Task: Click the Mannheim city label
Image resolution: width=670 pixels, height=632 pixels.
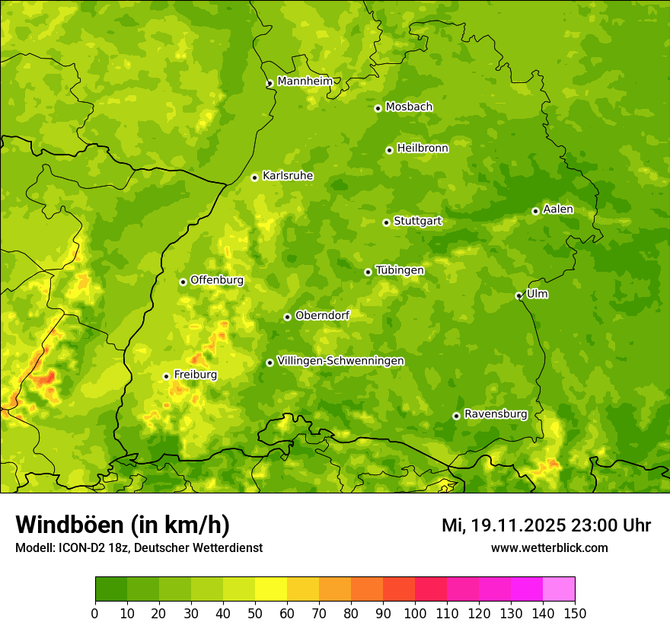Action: point(305,81)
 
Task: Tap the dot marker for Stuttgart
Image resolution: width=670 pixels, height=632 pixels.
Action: point(386,222)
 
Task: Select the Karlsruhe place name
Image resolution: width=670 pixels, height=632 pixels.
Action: point(287,176)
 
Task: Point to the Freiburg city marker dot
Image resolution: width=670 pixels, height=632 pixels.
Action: point(166,376)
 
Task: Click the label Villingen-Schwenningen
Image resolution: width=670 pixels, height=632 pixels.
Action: point(340,361)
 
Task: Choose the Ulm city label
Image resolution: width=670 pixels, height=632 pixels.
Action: point(537,294)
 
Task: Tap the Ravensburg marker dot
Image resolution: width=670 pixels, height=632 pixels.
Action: point(456,416)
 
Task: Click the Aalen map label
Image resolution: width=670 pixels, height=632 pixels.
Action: point(558,209)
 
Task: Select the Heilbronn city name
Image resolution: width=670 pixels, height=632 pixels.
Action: point(423,148)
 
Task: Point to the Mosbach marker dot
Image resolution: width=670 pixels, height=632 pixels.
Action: point(378,108)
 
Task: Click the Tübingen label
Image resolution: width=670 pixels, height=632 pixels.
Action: point(400,270)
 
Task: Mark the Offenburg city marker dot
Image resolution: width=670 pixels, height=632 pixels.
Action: point(183,282)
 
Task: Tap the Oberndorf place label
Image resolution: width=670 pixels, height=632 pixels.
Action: point(322,315)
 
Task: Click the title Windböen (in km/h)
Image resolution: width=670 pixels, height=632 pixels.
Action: point(123,525)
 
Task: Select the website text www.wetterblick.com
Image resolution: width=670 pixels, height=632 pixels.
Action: point(549,547)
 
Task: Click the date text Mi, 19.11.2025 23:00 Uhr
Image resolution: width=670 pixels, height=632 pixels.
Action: point(546,525)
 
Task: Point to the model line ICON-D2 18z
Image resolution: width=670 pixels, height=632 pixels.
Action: point(139,547)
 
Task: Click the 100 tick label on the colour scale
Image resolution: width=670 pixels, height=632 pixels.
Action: point(415,613)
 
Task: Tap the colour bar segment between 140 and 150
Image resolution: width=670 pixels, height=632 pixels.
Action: point(559,589)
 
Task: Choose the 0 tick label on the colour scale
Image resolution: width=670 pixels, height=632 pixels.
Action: point(95,613)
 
